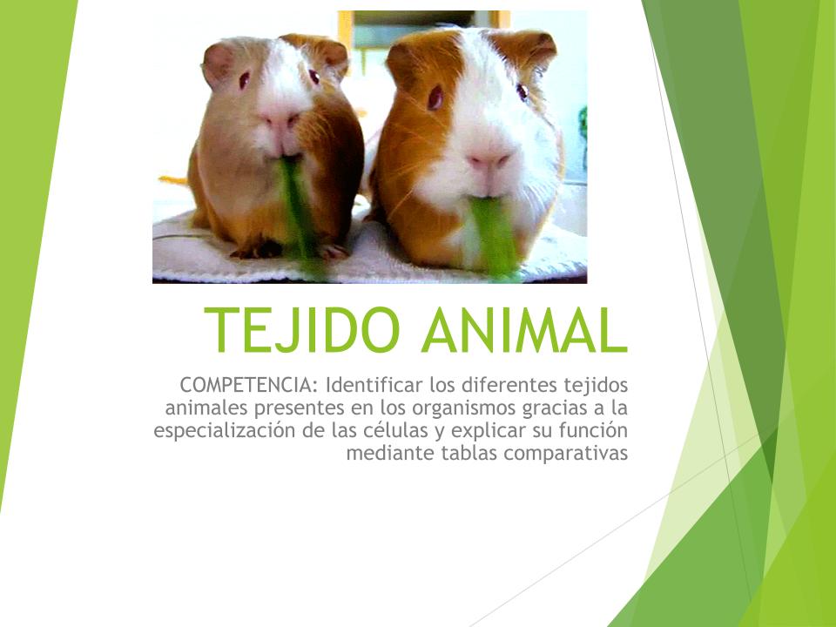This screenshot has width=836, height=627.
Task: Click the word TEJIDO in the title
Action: [x=302, y=329]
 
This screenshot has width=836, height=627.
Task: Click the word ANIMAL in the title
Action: [x=524, y=329]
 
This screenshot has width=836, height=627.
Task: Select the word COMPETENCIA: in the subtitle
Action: [x=248, y=384]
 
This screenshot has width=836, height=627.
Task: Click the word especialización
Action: [x=225, y=431]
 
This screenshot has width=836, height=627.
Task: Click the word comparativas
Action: [x=566, y=454]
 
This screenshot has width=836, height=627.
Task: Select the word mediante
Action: [x=391, y=453]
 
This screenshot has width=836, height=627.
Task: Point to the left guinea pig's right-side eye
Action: [x=313, y=78]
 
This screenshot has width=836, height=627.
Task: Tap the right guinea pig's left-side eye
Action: [x=435, y=98]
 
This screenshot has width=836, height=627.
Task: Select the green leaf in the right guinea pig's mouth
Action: [x=494, y=234]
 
